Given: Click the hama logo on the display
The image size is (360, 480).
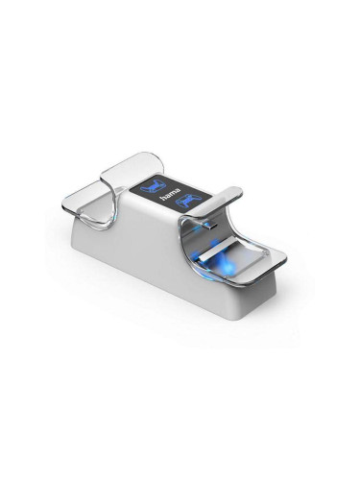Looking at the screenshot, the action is click(x=170, y=194).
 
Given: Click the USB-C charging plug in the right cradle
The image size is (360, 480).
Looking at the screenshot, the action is click(x=209, y=226).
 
